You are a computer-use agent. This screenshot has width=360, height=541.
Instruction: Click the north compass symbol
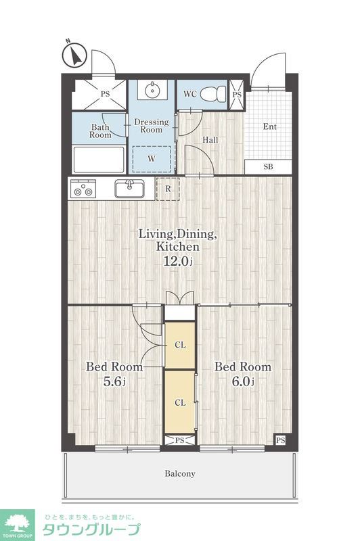[x=74, y=55]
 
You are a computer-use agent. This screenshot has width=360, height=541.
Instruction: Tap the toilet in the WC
[x=213, y=93]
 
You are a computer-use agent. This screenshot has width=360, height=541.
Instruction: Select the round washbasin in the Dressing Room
[x=152, y=91]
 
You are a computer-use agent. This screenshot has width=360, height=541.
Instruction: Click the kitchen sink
[x=130, y=189]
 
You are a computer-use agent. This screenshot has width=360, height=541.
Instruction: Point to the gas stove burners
[x=83, y=189]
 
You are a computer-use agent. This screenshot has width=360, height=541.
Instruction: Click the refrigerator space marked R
[x=168, y=189]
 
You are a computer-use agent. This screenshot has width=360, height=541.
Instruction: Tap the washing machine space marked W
[x=152, y=159]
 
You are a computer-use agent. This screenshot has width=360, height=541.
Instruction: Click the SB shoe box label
[x=268, y=166]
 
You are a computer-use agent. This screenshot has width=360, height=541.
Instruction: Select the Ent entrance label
[x=269, y=126]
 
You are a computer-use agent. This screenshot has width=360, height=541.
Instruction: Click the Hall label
[x=210, y=140]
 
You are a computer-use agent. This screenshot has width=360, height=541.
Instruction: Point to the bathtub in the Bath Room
[x=99, y=159]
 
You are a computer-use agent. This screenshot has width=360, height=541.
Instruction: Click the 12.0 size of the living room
[x=177, y=261]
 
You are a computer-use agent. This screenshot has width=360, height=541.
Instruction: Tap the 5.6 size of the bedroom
[x=114, y=381]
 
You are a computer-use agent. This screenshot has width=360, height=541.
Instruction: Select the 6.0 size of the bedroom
[x=243, y=381]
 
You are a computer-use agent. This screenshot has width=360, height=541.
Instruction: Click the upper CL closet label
[x=180, y=345]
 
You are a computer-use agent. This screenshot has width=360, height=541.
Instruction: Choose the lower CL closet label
[x=180, y=402]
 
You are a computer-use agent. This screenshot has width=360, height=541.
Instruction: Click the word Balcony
[x=180, y=473]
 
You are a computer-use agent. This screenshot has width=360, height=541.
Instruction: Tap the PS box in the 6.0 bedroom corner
[x=281, y=440]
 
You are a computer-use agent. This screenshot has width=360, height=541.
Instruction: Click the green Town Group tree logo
[x=18, y=525]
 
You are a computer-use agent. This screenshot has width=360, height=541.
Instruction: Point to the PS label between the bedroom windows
[x=179, y=440]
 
